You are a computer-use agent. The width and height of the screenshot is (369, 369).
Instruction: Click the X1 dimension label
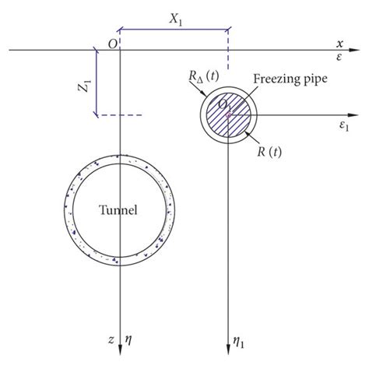176,19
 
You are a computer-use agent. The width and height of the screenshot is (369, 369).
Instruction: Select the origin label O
113,44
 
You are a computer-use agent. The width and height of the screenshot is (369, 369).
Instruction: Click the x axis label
339,44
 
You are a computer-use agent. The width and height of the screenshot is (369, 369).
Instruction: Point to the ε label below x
339,57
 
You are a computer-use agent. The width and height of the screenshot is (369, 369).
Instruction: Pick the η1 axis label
238,343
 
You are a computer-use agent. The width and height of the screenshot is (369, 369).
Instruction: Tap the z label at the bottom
111,339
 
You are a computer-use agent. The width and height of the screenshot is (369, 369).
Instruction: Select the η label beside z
128,339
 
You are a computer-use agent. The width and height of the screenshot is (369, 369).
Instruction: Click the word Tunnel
118,209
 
